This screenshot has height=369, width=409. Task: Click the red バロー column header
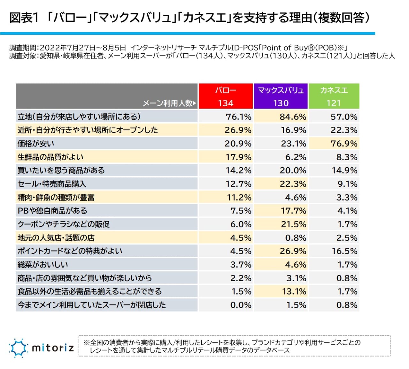226,96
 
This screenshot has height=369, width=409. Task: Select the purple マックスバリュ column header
281,96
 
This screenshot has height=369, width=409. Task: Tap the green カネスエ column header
334,96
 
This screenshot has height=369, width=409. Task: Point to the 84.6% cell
293,117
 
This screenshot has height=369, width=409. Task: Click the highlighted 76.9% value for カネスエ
344,144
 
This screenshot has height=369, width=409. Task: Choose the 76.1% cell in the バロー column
238,117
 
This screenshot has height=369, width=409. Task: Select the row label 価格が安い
36,144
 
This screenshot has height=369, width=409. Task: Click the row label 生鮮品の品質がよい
50,157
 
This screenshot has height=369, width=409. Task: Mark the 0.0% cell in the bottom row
241,305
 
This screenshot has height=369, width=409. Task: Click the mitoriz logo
42,347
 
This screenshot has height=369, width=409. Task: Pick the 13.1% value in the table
293,291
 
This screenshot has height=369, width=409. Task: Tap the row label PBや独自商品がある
52,211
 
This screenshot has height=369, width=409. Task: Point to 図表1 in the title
24,18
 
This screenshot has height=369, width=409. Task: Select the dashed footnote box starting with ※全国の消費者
235,346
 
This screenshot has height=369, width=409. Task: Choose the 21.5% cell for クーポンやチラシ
293,224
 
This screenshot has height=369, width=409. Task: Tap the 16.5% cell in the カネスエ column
344,251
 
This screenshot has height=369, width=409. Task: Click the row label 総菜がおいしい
43,265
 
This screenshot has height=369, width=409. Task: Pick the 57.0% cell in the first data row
344,117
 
